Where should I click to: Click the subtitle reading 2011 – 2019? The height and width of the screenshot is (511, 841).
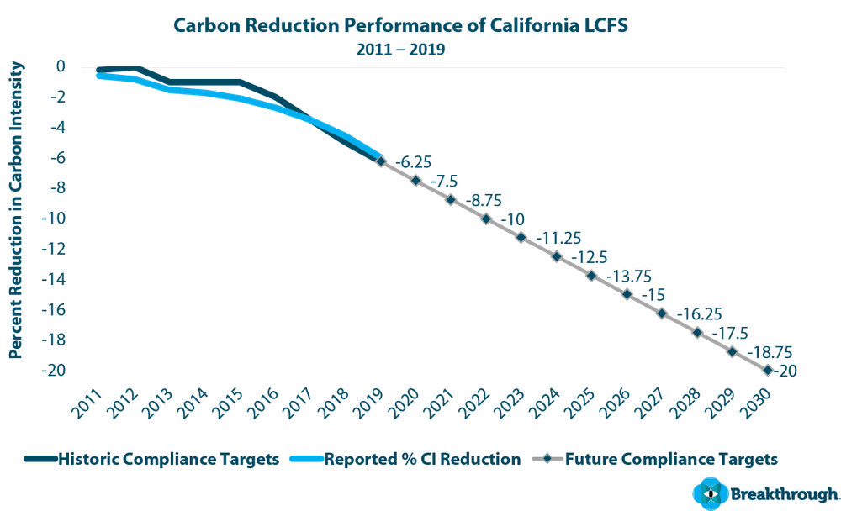[x=399, y=48]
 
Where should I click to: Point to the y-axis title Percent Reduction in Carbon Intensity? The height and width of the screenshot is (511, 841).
[x=15, y=210]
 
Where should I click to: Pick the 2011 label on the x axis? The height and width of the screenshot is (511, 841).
[x=88, y=404]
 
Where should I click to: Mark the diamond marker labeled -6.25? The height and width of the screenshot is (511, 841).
[x=380, y=161]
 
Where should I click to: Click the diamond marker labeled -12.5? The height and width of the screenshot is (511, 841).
[x=557, y=256]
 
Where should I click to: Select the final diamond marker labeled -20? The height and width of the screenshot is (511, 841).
[x=768, y=370]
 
